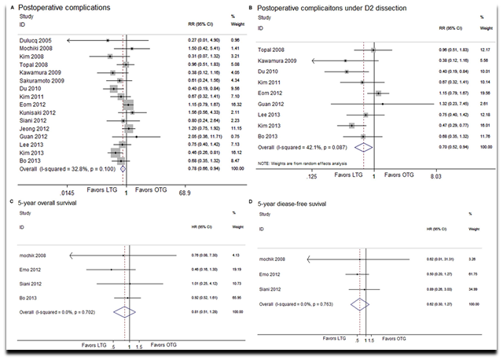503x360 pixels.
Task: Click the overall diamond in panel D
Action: (x=362, y=303)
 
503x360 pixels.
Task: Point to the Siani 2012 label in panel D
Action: (x=271, y=289)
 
